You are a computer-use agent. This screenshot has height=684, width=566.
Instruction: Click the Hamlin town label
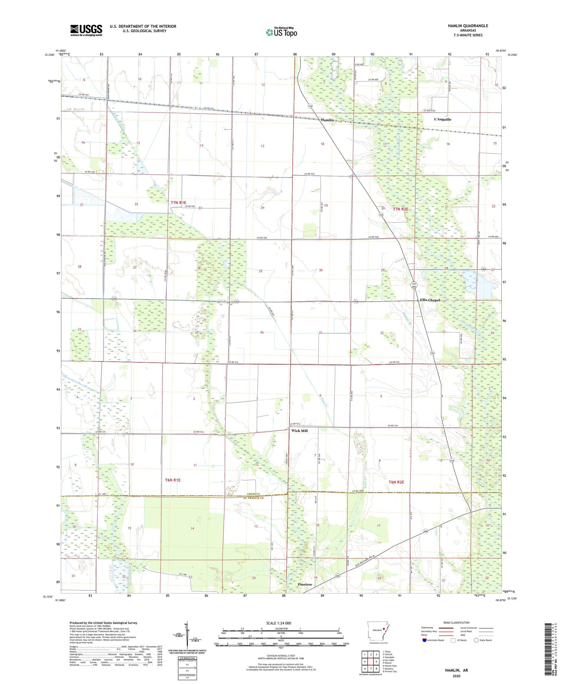pyautogui.click(x=327, y=120)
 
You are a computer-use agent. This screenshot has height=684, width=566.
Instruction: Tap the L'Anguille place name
pyautogui.click(x=442, y=119)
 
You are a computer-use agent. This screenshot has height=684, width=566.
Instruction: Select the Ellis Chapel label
pyautogui.click(x=430, y=300)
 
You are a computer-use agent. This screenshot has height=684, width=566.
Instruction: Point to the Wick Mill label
pyautogui.click(x=299, y=431)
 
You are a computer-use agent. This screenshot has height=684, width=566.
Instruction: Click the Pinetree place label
pyautogui.click(x=305, y=584)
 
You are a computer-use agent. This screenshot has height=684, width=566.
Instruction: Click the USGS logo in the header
pyautogui.click(x=86, y=30)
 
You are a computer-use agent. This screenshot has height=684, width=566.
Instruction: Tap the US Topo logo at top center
pyautogui.click(x=281, y=32)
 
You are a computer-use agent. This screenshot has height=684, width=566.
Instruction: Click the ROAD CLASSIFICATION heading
pyautogui.click(x=457, y=622)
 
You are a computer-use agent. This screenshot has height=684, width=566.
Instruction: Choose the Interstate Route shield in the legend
pyautogui.click(x=425, y=640)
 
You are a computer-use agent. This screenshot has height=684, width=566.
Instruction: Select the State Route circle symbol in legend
pyautogui.click(x=476, y=640)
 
